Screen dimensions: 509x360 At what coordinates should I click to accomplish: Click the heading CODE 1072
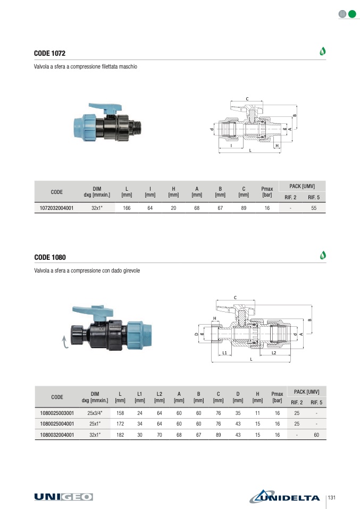49,54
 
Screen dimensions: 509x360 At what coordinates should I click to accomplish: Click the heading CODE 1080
49,257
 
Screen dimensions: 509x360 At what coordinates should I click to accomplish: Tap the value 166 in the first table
127,208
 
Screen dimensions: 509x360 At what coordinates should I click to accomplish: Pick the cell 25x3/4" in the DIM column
95,412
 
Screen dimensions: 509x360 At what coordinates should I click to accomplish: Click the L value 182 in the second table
120,435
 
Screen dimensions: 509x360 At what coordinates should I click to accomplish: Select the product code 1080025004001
56,423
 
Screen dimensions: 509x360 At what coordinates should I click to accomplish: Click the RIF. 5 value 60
316,435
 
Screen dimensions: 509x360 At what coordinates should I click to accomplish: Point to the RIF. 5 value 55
314,208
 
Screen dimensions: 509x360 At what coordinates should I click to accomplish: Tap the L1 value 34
140,423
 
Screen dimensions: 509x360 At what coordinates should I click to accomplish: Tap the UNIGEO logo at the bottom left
63,496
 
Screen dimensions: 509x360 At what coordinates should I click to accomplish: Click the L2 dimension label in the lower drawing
273,353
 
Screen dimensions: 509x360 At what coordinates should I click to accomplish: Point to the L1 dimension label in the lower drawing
225,353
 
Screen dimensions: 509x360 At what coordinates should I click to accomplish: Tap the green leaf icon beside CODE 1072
322,52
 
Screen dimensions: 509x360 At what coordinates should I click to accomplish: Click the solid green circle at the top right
352,14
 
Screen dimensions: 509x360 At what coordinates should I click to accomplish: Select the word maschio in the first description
128,67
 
